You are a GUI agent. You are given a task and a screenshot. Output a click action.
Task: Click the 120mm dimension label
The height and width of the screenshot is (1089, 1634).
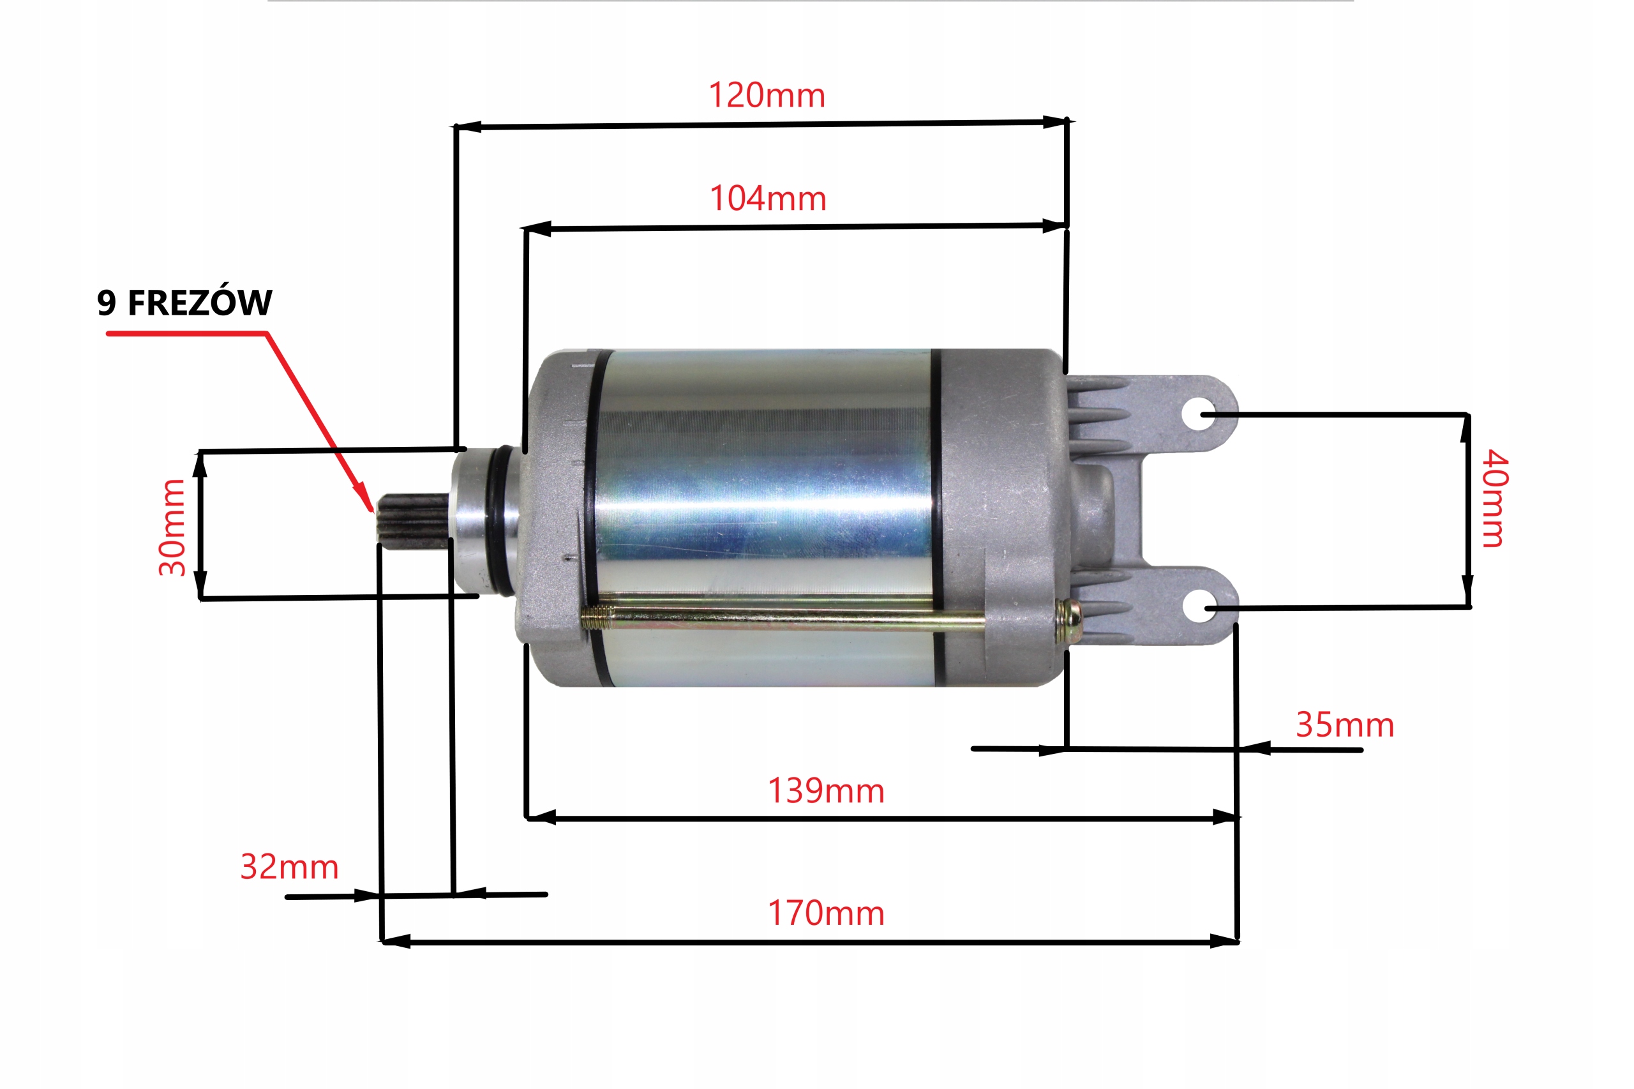(767, 95)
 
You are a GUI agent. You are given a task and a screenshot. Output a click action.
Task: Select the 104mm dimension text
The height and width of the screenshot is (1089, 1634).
(767, 199)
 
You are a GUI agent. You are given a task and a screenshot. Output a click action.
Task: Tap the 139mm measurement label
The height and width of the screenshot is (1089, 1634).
(826, 791)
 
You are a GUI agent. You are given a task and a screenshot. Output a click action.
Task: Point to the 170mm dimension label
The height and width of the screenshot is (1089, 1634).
(826, 913)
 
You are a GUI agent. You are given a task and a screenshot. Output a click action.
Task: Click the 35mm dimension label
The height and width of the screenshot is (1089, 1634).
(1344, 725)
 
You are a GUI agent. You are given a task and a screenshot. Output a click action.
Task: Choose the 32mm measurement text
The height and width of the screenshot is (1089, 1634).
(289, 867)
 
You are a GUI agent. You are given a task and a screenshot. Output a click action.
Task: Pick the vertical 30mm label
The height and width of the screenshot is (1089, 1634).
(172, 527)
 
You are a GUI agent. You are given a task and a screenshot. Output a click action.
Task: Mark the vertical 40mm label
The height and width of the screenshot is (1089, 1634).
(1494, 498)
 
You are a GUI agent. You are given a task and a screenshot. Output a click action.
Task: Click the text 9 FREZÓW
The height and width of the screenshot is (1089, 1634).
(184, 302)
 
